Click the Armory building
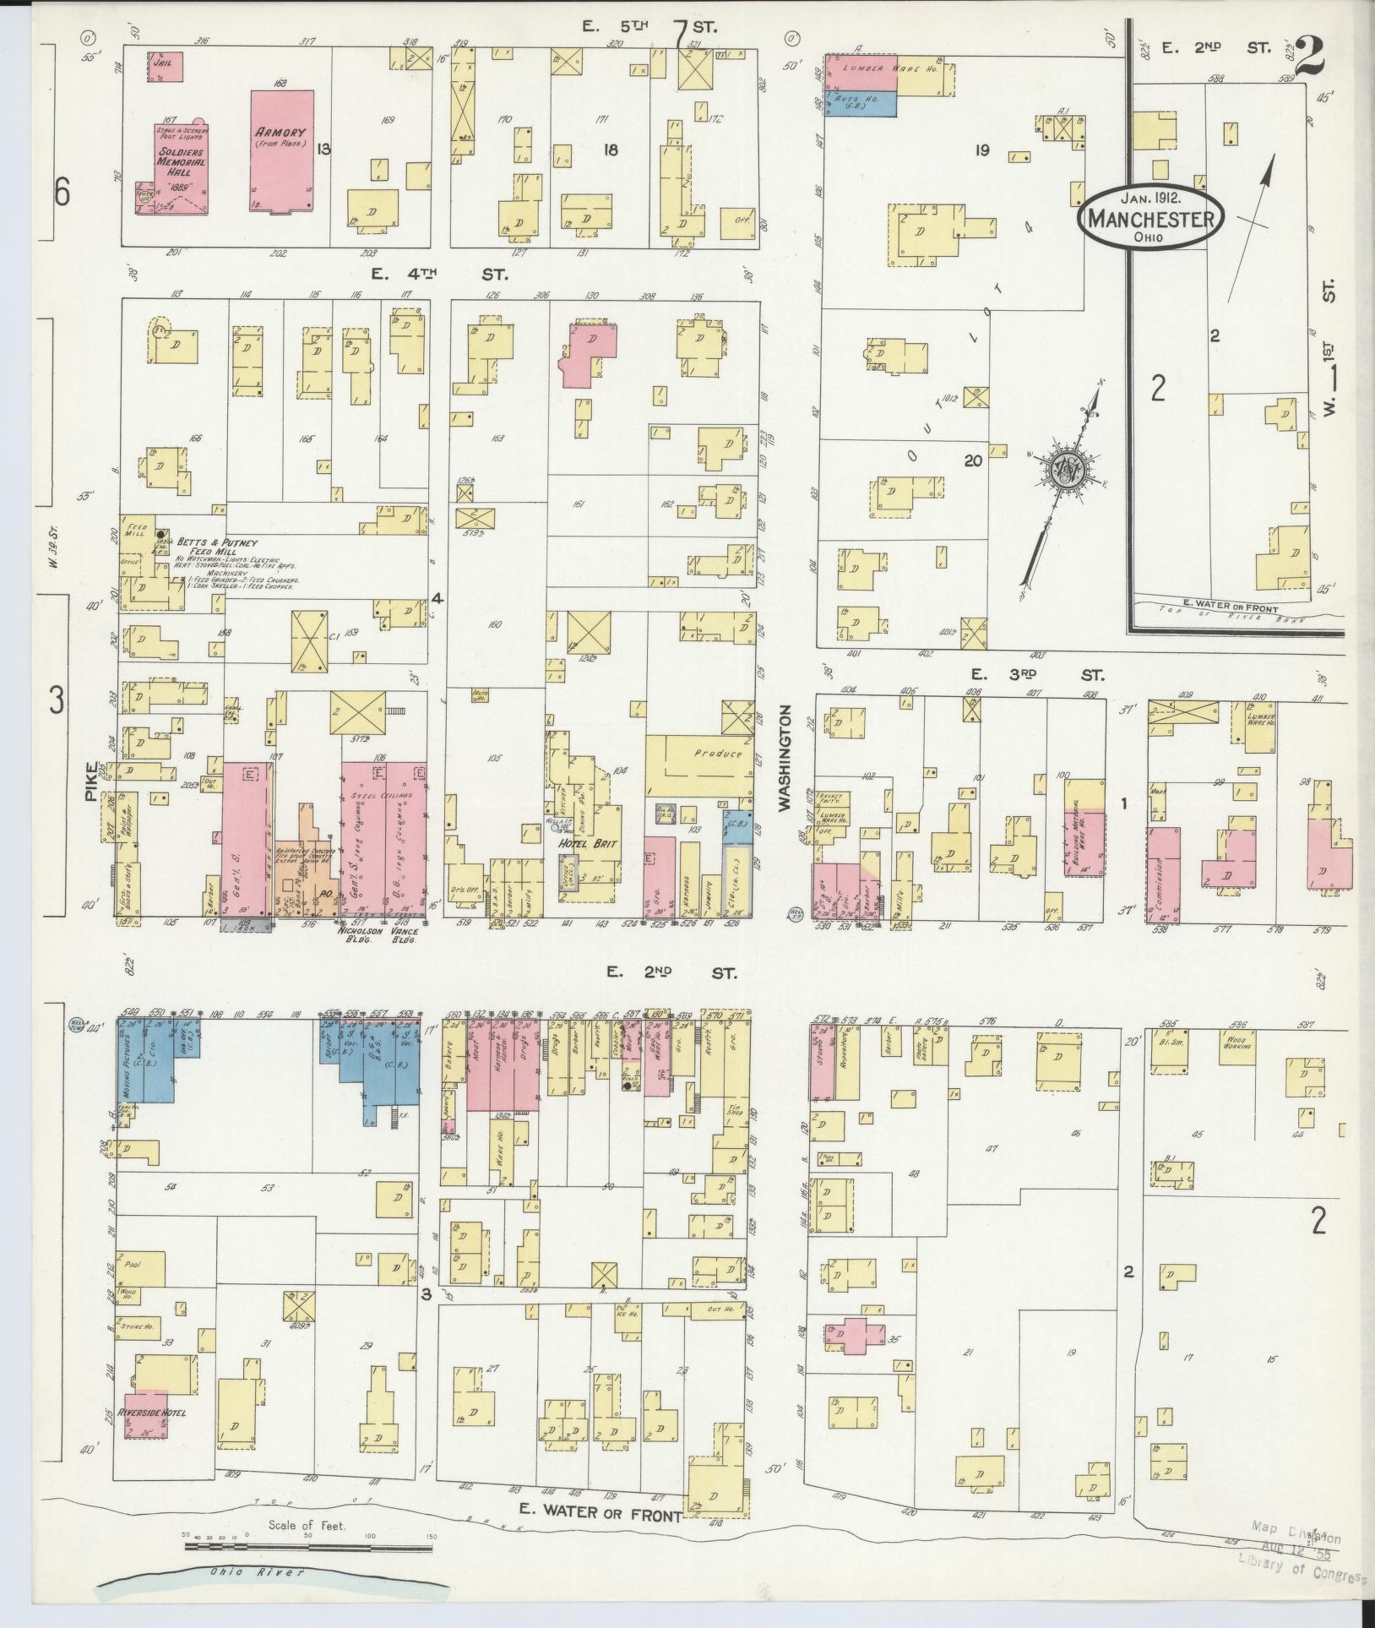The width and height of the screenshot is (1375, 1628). coord(282,152)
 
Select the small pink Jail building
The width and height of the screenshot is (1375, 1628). coord(166,68)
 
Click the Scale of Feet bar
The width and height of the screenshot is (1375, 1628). coord(309,1545)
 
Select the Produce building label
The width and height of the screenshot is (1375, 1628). coord(717,754)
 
